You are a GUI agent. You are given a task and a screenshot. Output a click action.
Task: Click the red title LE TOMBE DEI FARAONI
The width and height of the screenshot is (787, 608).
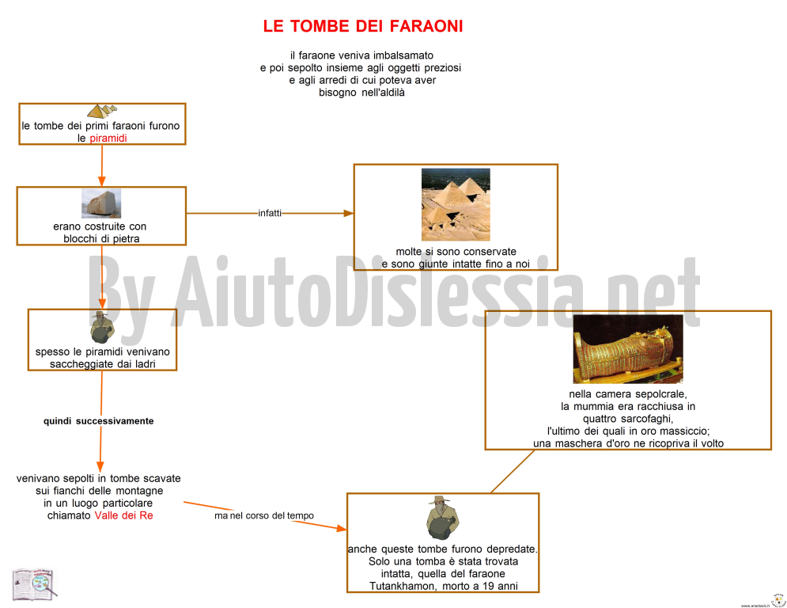pos(363,26)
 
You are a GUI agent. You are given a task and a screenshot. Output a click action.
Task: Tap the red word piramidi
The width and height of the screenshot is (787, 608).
pos(108,139)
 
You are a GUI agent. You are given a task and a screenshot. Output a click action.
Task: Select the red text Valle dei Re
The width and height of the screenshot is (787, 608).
pos(124,515)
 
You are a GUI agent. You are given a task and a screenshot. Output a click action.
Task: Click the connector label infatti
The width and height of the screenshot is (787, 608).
pos(270,213)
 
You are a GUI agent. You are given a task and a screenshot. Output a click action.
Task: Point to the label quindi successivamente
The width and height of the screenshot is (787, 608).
pos(98,421)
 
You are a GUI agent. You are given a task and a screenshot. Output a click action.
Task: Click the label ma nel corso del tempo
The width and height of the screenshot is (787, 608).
pos(264,515)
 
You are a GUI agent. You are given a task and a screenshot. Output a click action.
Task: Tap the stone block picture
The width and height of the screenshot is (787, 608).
pos(101,203)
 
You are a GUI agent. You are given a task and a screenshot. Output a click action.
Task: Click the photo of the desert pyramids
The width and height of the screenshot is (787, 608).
pos(456,204)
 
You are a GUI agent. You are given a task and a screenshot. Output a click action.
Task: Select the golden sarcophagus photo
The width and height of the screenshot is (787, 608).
pos(628,349)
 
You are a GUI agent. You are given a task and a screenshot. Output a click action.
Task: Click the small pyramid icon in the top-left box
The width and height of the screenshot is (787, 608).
pos(102,111)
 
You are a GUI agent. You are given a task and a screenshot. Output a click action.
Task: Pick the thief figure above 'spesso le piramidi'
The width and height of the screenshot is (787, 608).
pos(102,327)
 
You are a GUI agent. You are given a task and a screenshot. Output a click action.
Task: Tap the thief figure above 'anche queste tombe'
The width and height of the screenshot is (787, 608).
pos(442,518)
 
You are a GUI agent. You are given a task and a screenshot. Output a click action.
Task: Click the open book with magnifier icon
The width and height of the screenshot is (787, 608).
pos(34,584)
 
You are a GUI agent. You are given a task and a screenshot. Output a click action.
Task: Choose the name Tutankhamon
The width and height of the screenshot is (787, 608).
pos(402,586)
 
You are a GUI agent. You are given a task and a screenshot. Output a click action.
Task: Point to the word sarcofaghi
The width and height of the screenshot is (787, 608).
pos(649,419)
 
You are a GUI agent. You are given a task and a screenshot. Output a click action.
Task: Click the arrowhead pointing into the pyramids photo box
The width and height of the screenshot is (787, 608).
pos(348,213)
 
